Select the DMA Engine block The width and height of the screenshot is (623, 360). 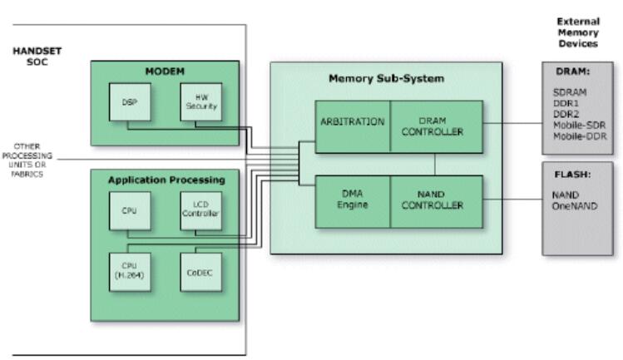tap(352, 200)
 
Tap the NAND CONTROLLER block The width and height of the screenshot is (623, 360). tap(436, 200)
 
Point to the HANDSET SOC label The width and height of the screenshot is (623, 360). tap(37, 54)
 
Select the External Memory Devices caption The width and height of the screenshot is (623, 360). tap(577, 32)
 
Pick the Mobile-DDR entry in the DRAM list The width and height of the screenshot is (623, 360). tap(579, 136)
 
